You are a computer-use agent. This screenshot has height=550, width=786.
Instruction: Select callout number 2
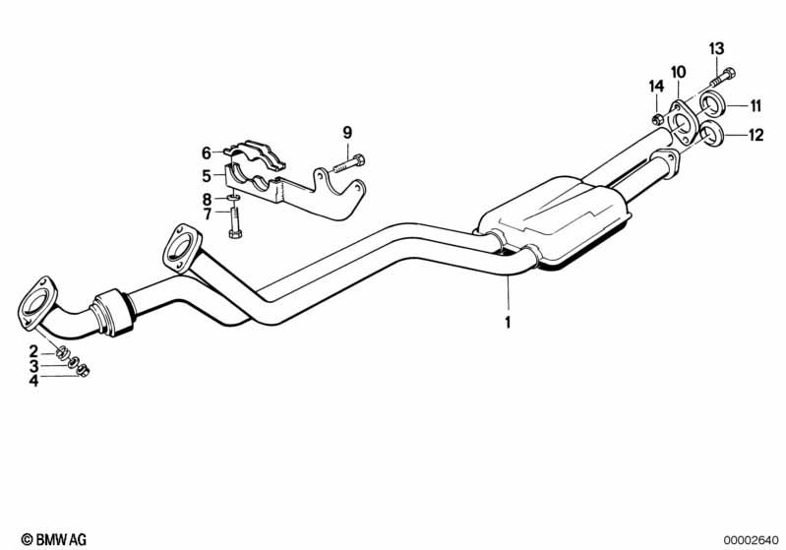click(32, 351)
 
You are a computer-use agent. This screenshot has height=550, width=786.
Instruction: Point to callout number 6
click(207, 153)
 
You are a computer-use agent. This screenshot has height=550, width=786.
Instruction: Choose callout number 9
click(346, 133)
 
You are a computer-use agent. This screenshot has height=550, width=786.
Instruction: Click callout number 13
click(716, 48)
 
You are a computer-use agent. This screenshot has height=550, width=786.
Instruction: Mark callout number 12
click(756, 136)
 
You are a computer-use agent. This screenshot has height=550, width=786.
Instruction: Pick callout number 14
click(655, 88)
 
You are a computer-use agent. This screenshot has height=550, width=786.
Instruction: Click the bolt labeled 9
click(350, 159)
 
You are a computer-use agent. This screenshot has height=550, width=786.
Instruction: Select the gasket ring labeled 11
click(715, 106)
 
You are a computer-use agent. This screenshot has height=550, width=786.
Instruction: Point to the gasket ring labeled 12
click(715, 136)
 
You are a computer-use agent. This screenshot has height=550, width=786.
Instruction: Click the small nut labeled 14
click(656, 120)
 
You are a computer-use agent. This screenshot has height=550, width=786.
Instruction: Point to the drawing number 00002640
click(752, 539)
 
